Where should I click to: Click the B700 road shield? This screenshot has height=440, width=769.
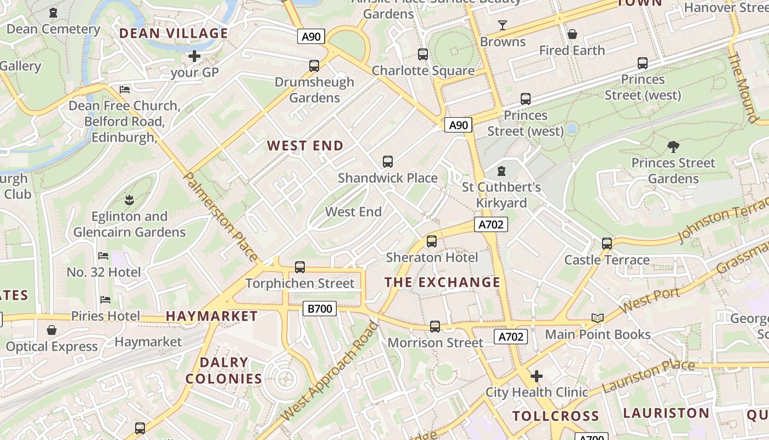point(320,309)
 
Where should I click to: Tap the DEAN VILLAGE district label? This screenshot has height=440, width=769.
point(174,34)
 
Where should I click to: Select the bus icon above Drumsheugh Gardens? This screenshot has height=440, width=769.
point(314,66)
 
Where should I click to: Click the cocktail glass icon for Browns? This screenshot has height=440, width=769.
point(502,25)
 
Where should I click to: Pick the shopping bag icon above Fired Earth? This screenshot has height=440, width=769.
point(572,34)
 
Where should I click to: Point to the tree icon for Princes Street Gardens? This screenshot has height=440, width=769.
point(673,147)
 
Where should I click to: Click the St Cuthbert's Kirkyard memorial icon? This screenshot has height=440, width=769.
point(501,171)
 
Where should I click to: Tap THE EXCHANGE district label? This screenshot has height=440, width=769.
point(442,283)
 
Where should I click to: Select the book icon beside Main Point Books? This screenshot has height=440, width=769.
point(598,318)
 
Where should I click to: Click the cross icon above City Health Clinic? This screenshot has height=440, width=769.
point(537,376)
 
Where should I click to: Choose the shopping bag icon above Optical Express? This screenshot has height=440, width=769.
point(52,330)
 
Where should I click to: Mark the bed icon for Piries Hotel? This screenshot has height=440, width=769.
point(105,300)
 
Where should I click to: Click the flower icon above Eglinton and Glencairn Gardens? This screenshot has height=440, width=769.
point(130,199)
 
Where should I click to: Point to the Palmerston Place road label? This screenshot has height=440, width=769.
point(220,217)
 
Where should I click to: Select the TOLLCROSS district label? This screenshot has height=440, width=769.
point(555,416)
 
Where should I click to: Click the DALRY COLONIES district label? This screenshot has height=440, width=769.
point(224,371)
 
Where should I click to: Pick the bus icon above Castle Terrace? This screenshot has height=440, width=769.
point(607,243)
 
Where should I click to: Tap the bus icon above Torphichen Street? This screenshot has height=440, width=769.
point(300,267)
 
